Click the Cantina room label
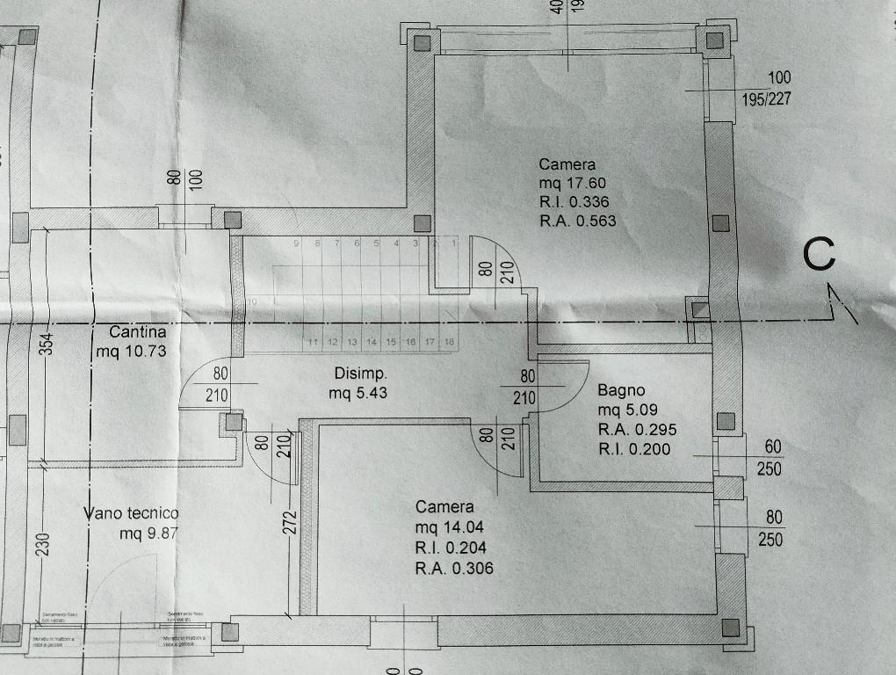[x=138, y=333]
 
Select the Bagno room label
[x=621, y=390]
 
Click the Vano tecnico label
[x=132, y=513]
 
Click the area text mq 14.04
[x=449, y=527]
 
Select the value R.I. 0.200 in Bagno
[x=634, y=449]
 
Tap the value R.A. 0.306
[x=454, y=568]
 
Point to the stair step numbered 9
[x=298, y=243]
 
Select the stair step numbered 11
[x=313, y=341]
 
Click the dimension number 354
[x=49, y=344]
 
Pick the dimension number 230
[x=44, y=545]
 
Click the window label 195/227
[x=766, y=99]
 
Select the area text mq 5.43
[x=358, y=393]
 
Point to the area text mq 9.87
[x=148, y=533]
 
